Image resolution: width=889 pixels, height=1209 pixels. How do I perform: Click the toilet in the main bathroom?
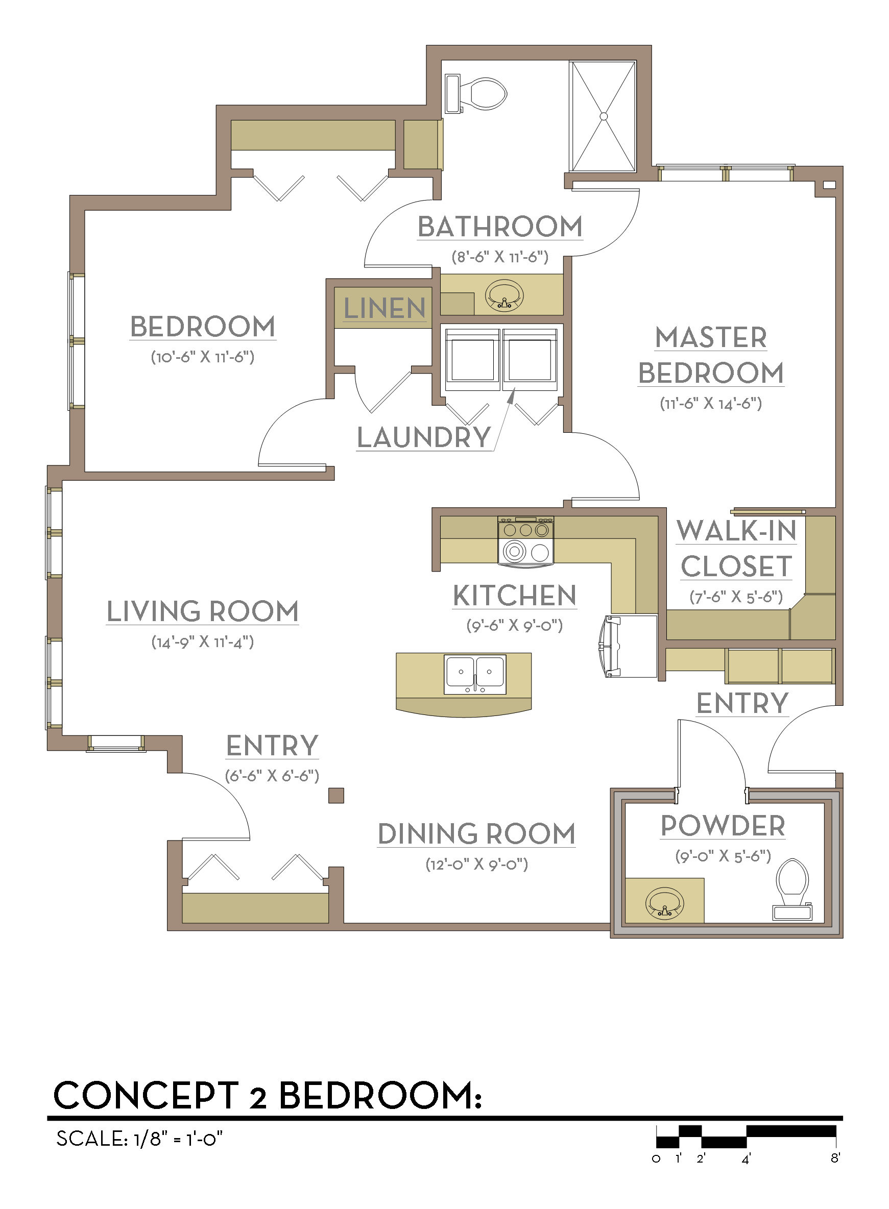tap(476, 94)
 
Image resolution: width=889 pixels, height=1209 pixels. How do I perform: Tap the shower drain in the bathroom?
tap(603, 116)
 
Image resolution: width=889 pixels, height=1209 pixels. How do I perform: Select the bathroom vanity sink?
tap(503, 296)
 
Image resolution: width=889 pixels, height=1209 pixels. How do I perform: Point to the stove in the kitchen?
tap(526, 541)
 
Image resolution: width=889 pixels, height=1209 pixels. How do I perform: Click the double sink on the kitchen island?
tap(475, 674)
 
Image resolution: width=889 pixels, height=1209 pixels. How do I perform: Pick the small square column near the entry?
tap(337, 796)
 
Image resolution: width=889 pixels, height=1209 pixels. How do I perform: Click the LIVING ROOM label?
tap(202, 611)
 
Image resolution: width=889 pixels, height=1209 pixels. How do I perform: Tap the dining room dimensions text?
tap(477, 864)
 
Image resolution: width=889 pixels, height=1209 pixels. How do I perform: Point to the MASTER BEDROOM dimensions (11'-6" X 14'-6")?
tap(711, 403)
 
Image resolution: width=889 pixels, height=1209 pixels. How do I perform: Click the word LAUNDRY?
tap(424, 437)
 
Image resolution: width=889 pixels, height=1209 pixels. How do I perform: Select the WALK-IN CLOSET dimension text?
tap(736, 597)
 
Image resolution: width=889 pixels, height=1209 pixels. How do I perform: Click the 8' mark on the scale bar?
tap(835, 1158)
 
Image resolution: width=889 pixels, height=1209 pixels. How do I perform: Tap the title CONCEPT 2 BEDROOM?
tap(268, 1096)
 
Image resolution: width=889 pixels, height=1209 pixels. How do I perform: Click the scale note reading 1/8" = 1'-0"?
tap(178, 1139)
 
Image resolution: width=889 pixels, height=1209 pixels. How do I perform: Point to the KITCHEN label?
tap(515, 596)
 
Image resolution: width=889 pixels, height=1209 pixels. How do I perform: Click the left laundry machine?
tap(472, 359)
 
